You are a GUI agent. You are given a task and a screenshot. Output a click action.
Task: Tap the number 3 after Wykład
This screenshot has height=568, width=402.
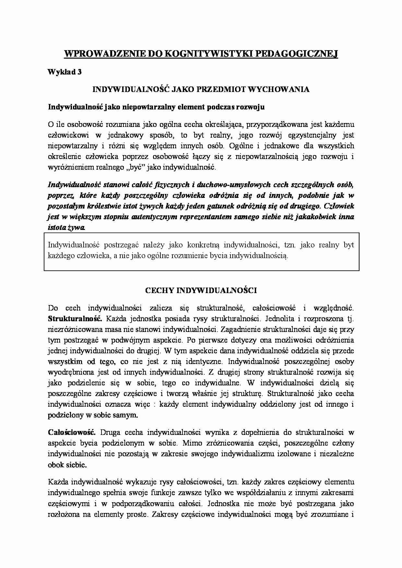pos(79,72)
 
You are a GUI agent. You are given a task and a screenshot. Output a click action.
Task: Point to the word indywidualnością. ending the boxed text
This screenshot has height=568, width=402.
pos(259,255)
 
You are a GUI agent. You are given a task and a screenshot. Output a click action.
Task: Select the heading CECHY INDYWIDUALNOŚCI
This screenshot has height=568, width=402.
pos(201,290)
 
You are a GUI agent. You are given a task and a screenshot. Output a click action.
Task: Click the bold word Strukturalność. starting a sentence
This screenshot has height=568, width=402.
pos(75,319)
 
